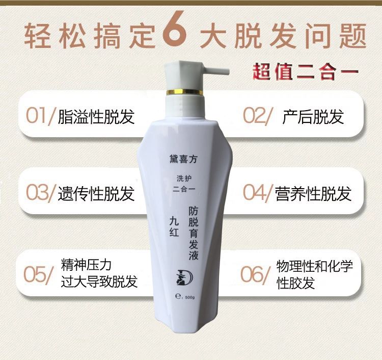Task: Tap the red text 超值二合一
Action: click(305, 72)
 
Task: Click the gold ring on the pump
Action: click(184, 92)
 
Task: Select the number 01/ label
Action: click(39, 115)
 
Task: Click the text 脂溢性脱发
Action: click(96, 116)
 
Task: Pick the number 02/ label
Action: click(257, 115)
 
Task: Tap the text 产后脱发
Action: click(313, 116)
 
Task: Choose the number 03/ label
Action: click(40, 193)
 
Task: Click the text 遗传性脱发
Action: click(96, 193)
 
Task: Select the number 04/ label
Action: click(257, 193)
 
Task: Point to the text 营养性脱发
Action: click(313, 193)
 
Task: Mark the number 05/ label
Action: click(38, 275)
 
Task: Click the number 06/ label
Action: click(255, 275)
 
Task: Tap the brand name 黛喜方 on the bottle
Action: click(183, 159)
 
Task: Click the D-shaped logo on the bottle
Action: click(184, 277)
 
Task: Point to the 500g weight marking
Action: click(190, 298)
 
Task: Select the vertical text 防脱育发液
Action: click(194, 233)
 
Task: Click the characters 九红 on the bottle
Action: click(174, 226)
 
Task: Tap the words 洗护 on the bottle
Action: click(184, 178)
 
